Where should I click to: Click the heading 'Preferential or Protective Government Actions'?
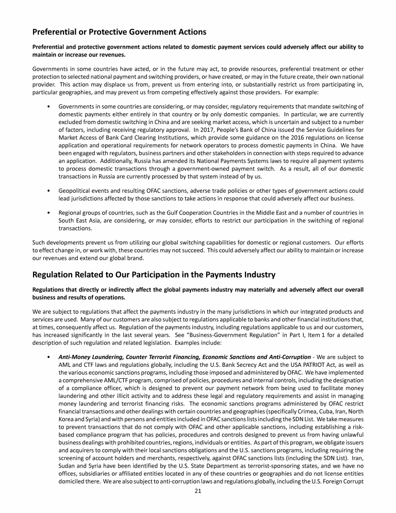click(119, 32)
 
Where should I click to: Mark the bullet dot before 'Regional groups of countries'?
click(48, 212)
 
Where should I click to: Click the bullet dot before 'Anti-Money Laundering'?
click(48, 356)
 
